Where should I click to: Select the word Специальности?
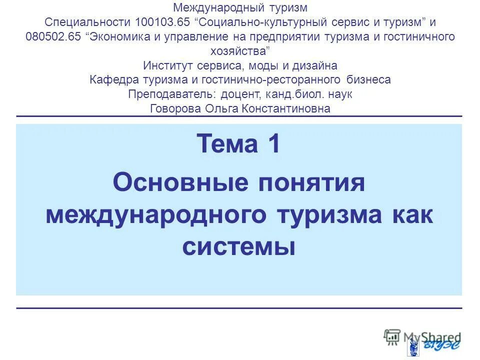87,23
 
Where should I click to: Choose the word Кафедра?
114,80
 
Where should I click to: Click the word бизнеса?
368,80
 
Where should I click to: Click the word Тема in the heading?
225,145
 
